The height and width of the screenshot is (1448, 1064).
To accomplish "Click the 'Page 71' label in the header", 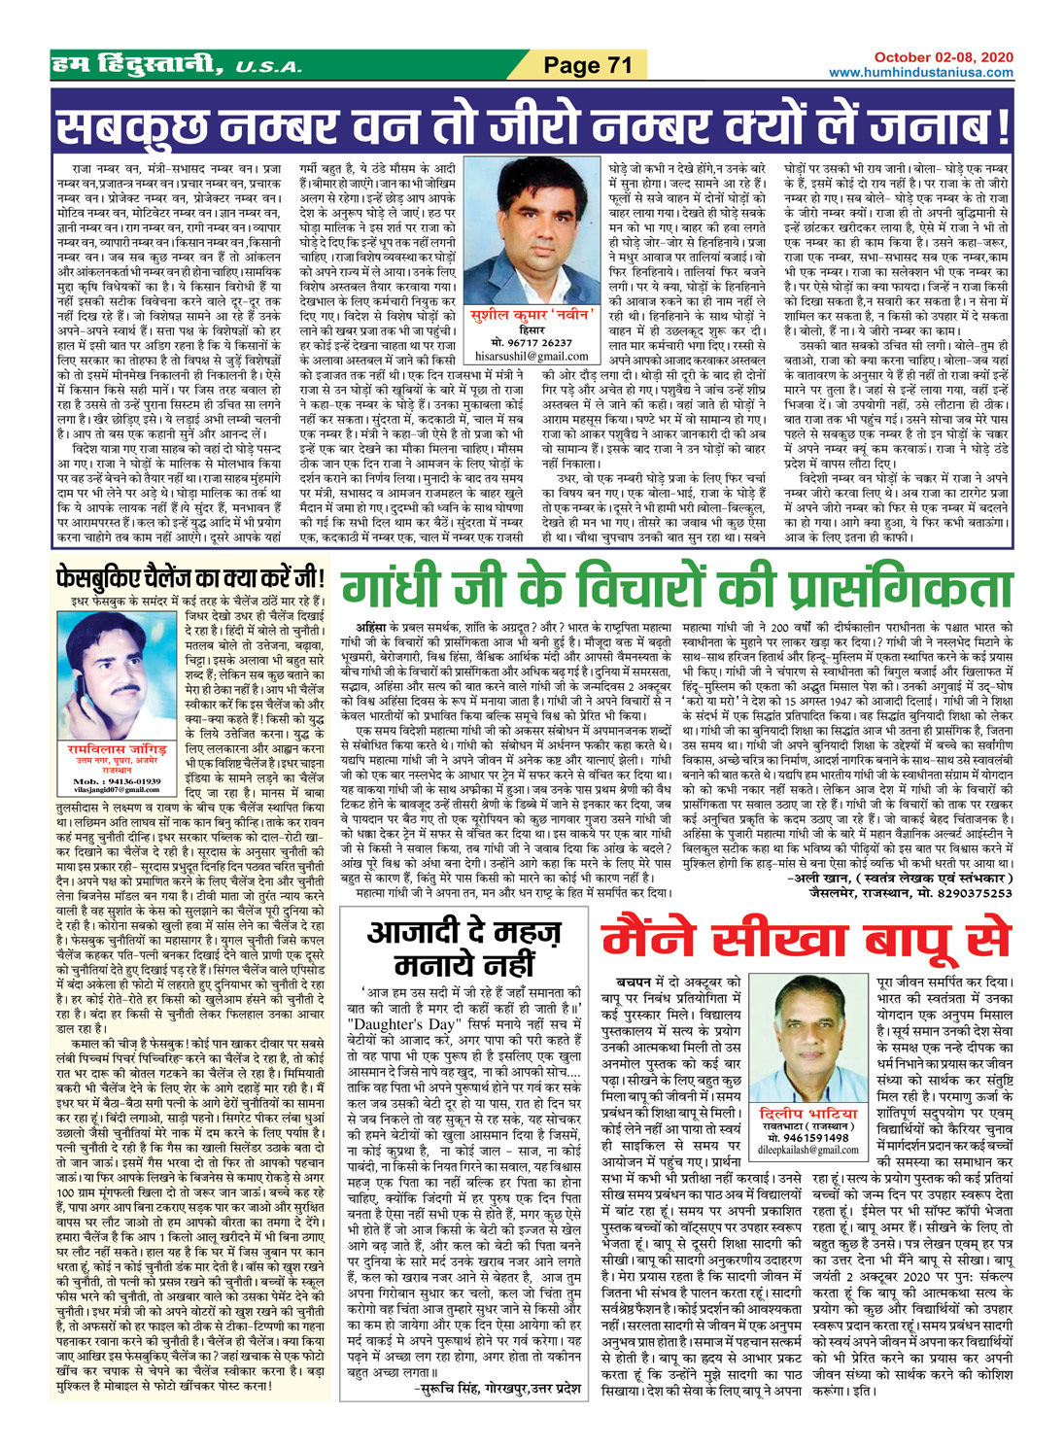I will tap(587, 66).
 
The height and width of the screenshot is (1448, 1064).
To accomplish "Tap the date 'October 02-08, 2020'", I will tap(930, 57).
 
